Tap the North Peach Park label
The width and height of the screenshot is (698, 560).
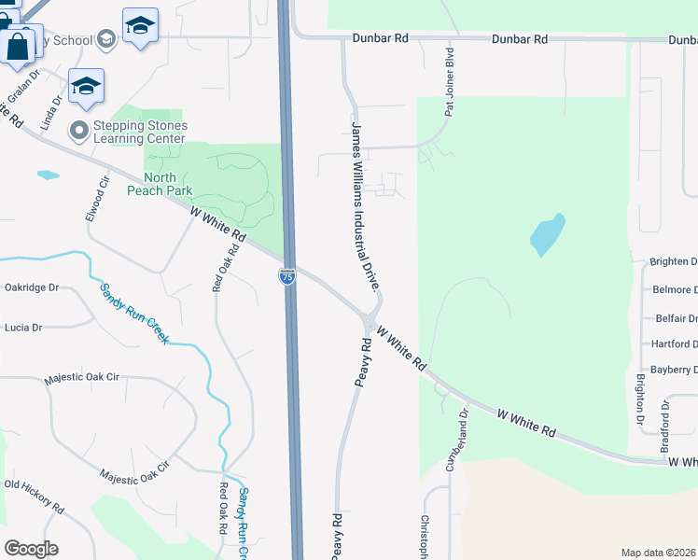point(166,184)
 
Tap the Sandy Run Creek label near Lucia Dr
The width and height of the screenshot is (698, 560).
point(135,313)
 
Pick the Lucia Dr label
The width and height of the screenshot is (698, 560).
point(23,328)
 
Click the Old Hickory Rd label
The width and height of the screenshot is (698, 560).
point(34,497)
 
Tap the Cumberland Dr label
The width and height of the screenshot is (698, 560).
point(458,439)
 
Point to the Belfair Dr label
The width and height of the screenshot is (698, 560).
point(675,318)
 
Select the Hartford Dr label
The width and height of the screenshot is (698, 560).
point(674,343)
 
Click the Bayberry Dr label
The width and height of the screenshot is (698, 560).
point(674,370)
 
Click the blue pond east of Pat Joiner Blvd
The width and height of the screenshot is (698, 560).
point(548,234)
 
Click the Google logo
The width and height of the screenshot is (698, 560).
point(31,549)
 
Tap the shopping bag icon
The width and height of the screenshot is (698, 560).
point(18,45)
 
